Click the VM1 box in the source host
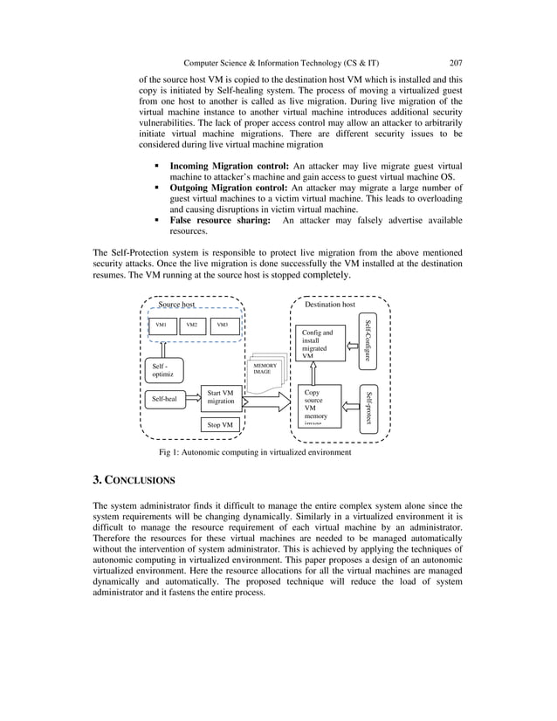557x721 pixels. pyautogui.click(x=161, y=326)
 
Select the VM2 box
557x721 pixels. pyautogui.click(x=192, y=326)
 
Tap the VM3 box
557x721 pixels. pyautogui.click(x=223, y=326)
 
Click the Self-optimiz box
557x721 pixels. pyautogui.click(x=164, y=371)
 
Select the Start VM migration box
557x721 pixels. pyautogui.click(x=220, y=397)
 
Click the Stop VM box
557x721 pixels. pyautogui.click(x=220, y=425)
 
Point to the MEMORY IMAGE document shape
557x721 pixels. pyautogui.click(x=265, y=369)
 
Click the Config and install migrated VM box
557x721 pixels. pyautogui.click(x=319, y=344)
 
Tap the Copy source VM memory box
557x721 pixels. pyautogui.click(x=319, y=406)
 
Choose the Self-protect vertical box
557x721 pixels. pyautogui.click(x=369, y=408)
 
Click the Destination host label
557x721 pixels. pyautogui.click(x=330, y=305)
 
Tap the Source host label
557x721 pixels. pyautogui.click(x=176, y=305)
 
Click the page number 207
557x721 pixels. pyautogui.click(x=455, y=62)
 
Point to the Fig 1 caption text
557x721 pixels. pyautogui.click(x=255, y=453)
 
